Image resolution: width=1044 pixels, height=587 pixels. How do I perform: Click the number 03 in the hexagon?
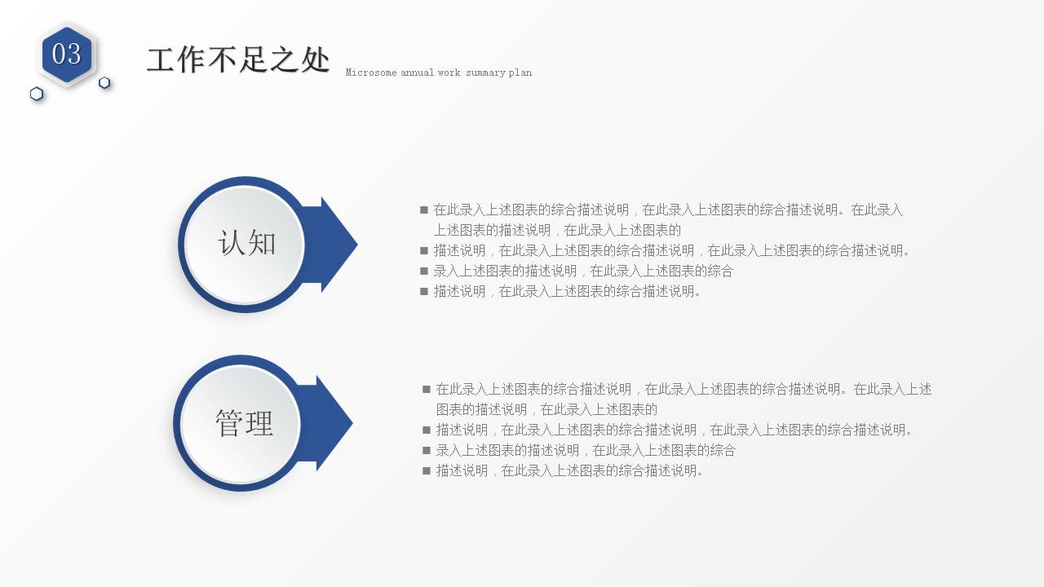[67, 54]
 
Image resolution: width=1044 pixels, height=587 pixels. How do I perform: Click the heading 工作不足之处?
[238, 60]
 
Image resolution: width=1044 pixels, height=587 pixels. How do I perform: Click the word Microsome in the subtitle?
[371, 73]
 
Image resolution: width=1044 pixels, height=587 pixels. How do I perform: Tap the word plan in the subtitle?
[520, 73]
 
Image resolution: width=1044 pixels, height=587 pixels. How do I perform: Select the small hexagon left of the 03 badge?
[37, 94]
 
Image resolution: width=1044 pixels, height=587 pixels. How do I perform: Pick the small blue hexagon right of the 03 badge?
[104, 82]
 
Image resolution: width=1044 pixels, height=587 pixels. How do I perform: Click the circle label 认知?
[246, 243]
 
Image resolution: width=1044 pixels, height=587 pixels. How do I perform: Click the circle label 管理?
[243, 423]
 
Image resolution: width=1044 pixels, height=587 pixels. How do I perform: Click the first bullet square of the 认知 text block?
[424, 210]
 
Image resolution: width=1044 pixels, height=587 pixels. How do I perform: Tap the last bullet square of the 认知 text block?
[424, 291]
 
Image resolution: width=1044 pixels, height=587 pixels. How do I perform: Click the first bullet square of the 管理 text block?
[427, 389]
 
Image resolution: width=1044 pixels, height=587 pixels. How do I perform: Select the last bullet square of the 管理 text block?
[427, 470]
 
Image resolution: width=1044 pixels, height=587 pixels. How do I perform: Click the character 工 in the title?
[161, 60]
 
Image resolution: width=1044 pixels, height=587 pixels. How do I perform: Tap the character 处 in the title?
[315, 60]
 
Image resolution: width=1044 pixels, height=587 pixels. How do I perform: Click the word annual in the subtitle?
[417, 73]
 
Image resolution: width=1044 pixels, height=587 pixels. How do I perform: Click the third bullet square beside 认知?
[424, 271]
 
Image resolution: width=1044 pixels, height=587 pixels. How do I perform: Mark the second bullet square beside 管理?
[427, 430]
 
